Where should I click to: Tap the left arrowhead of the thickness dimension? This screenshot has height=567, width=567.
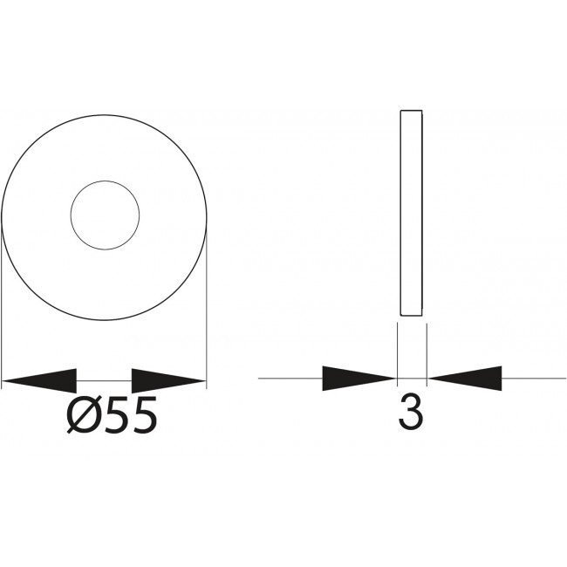[x=359, y=379]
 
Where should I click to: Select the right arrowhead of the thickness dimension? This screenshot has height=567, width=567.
[x=466, y=379]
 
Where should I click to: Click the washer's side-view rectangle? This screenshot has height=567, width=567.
[x=411, y=214]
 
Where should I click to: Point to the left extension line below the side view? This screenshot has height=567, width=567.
[x=397, y=349]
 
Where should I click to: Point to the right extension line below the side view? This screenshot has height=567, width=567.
[x=426, y=349]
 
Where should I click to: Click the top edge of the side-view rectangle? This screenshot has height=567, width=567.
[x=411, y=111]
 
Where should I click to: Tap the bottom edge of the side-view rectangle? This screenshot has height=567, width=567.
[x=411, y=316]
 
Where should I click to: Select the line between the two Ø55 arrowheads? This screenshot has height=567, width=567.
[x=104, y=381]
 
